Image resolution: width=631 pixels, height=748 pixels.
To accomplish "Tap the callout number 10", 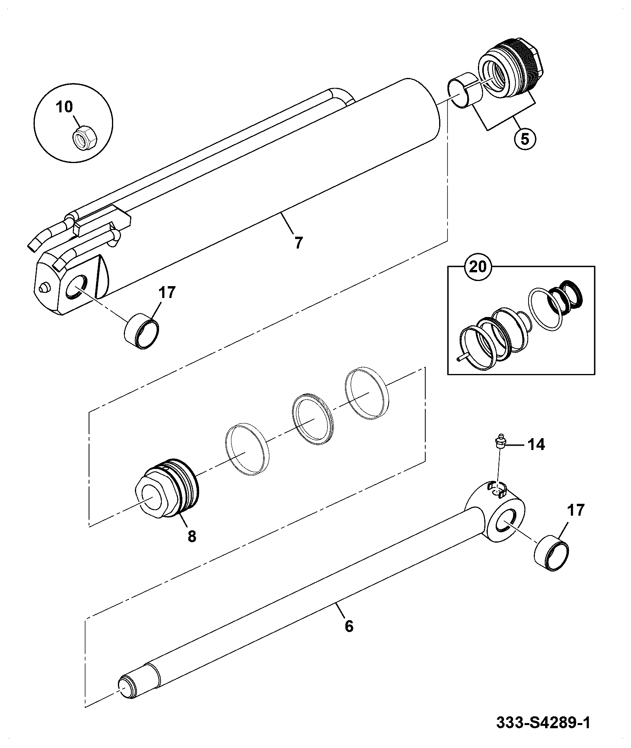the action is (x=64, y=107).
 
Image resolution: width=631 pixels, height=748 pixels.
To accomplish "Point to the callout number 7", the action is (x=298, y=242).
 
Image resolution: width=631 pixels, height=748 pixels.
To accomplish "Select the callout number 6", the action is (x=349, y=638).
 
